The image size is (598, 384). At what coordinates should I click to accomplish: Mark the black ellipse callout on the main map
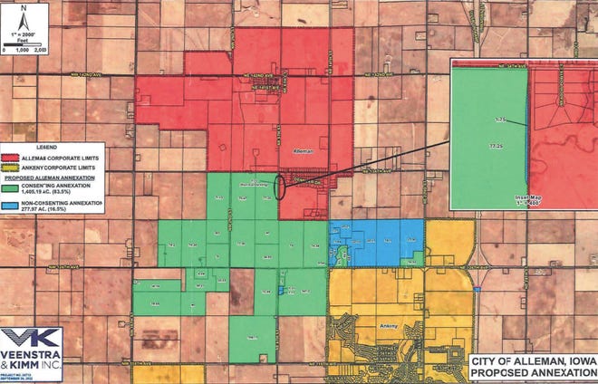click(281, 186)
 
